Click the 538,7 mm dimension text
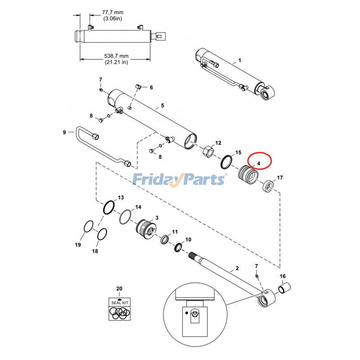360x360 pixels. (x=116, y=56)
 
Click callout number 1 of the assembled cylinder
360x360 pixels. (x=239, y=60)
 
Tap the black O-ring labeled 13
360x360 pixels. (x=108, y=207)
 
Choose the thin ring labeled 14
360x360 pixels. (x=127, y=217)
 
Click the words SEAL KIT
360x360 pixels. (x=119, y=303)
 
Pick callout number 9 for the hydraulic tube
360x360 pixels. (x=64, y=132)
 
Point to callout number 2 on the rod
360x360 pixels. (x=237, y=269)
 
